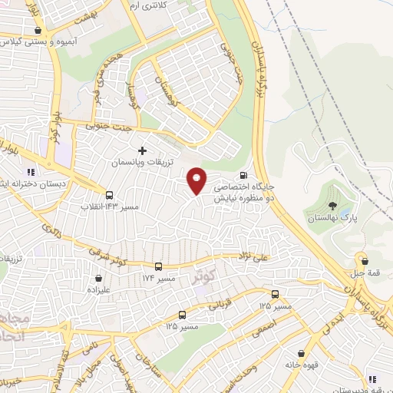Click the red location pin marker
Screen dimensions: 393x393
(x=197, y=180)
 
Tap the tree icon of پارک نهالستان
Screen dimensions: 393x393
(x=332, y=205)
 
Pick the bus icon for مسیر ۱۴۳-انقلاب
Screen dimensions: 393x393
(x=109, y=195)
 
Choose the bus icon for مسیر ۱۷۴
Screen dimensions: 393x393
(x=158, y=266)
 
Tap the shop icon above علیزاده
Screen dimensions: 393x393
(x=98, y=279)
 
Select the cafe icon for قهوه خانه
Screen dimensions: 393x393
(x=299, y=354)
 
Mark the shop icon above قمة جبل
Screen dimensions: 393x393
(x=363, y=260)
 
